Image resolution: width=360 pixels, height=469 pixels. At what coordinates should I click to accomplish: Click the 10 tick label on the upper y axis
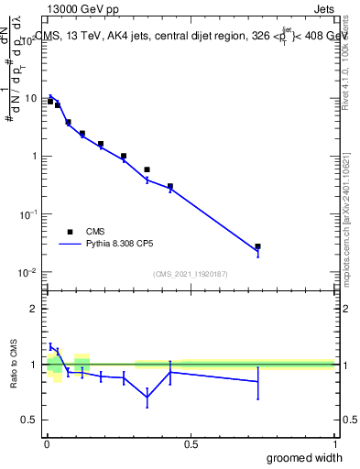tap(29, 98)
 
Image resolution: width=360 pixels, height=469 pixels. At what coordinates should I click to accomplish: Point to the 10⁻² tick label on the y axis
tap(27, 272)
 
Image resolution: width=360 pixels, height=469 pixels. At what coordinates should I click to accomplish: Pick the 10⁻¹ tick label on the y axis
tap(27, 214)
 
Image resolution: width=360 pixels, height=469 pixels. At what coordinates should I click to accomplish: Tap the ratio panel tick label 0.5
tap(29, 420)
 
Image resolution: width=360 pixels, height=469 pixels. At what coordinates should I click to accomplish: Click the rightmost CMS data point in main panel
tap(258, 246)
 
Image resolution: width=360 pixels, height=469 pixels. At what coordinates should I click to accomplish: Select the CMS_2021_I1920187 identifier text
tap(190, 274)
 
